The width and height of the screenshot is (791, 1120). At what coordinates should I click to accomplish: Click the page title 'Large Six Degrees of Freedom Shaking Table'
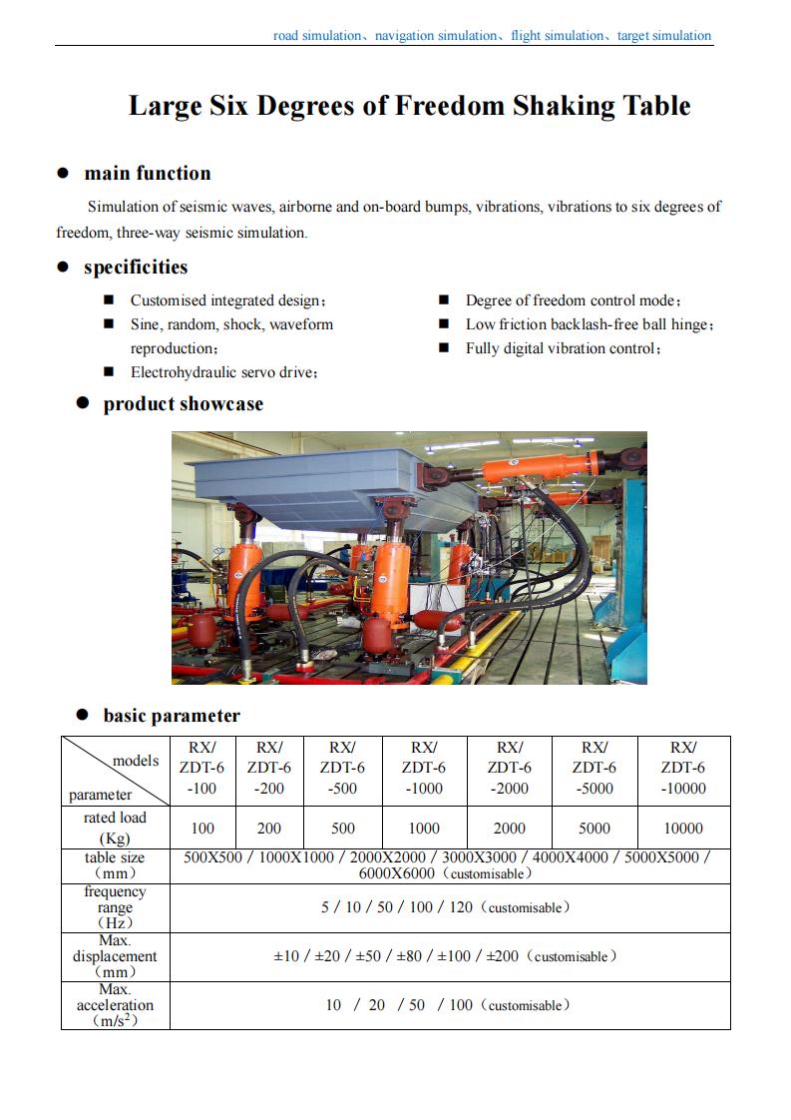(409, 106)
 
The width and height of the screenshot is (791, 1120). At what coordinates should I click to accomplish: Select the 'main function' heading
(147, 173)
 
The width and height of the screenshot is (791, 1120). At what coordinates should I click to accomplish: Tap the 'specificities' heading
(135, 267)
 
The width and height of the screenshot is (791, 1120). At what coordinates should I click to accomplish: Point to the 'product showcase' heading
(183, 403)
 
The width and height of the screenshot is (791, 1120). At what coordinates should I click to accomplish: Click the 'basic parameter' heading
(172, 715)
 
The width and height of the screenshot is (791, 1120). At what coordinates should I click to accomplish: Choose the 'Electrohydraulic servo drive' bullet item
(223, 372)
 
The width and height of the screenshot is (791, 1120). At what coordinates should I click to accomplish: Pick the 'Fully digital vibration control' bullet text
(564, 348)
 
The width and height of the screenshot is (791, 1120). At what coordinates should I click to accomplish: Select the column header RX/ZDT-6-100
(202, 768)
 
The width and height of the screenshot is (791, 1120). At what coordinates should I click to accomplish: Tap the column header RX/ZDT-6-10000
(682, 768)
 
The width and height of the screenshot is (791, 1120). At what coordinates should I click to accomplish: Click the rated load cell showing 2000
(509, 828)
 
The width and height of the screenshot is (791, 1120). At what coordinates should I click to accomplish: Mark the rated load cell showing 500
(342, 828)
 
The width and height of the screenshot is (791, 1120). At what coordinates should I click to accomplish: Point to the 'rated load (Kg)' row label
(116, 828)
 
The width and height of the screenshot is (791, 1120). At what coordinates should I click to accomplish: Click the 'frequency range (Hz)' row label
(116, 907)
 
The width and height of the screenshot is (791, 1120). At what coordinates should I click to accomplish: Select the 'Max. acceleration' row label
(116, 1005)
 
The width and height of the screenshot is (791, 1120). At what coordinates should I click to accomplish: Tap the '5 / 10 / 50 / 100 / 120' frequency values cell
(447, 907)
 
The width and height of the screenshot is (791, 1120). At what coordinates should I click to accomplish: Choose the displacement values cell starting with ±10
(445, 956)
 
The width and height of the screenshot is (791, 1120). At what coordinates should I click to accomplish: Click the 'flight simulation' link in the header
(557, 36)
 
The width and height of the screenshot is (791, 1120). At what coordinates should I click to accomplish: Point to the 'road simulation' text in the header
(317, 36)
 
